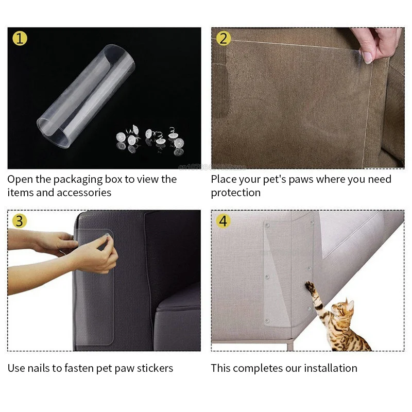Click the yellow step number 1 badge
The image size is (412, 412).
pyautogui.click(x=20, y=38)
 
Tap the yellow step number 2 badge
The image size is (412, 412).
pyautogui.click(x=223, y=38)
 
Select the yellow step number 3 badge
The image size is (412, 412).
pyautogui.click(x=20, y=221)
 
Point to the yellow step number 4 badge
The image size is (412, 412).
pyautogui.click(x=223, y=221)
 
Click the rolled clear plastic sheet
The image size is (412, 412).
pyautogui.click(x=85, y=95)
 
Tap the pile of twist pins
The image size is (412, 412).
pyautogui.click(x=151, y=139)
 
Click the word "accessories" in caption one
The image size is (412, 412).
pyautogui.click(x=84, y=193)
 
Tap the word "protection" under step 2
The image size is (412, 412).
pyautogui.click(x=235, y=193)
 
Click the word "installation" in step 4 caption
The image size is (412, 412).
pyautogui.click(x=330, y=368)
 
